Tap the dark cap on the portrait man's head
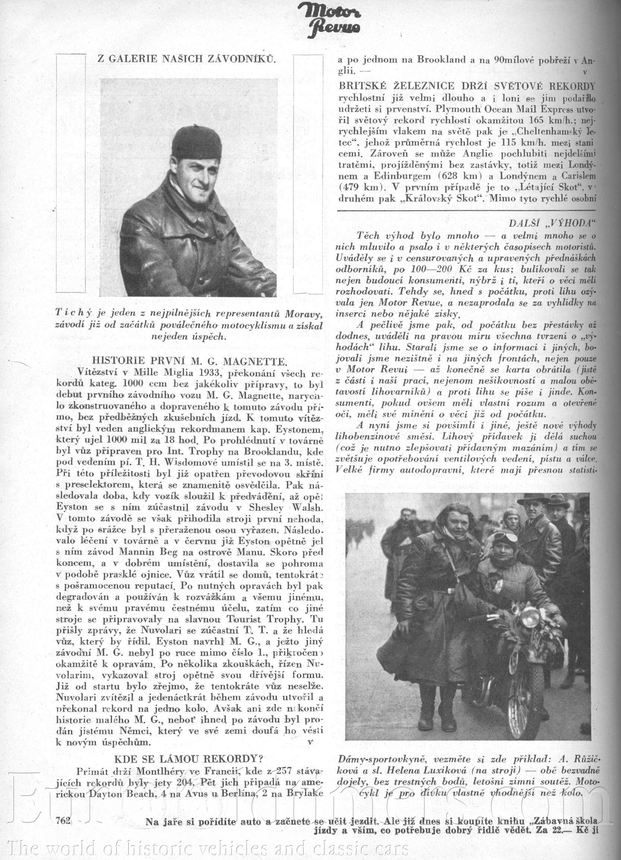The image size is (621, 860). point(197,142)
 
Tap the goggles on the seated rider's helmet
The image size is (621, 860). point(505,538)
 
